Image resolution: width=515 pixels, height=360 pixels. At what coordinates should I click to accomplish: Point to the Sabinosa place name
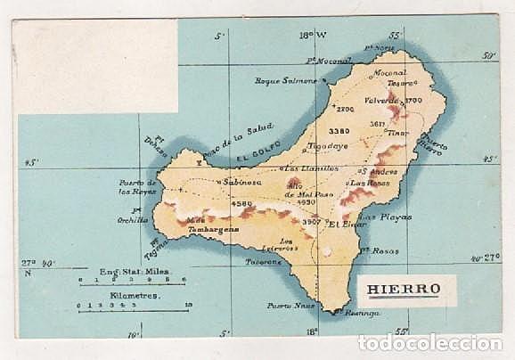(x=242, y=181)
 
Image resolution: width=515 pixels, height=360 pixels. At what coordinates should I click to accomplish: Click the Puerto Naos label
(x=285, y=306)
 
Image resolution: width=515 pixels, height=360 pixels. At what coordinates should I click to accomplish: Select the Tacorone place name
(x=263, y=262)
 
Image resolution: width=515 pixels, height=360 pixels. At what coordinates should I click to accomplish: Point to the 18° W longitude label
(x=312, y=36)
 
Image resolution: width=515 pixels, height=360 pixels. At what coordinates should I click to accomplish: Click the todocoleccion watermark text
(x=429, y=343)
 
